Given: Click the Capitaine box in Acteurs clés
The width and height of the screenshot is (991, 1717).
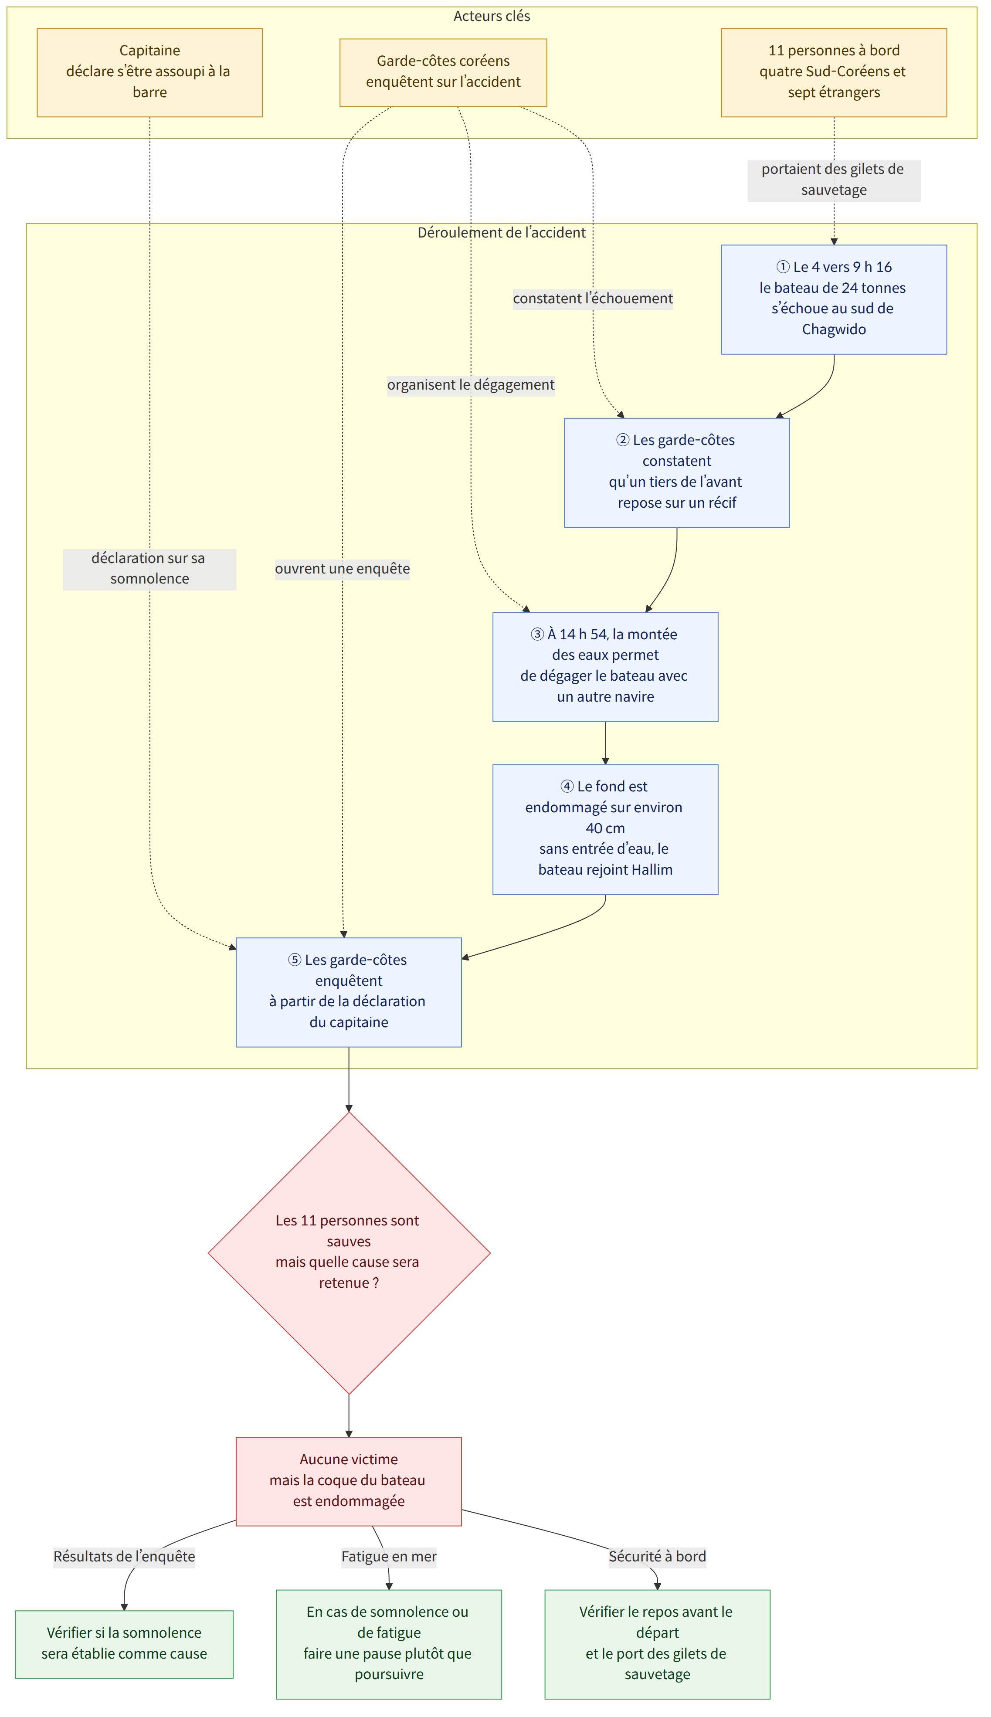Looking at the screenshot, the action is (150, 72).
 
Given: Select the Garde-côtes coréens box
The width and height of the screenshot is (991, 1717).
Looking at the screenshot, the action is (443, 72).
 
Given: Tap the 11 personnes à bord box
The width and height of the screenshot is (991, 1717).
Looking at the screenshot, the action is (834, 72).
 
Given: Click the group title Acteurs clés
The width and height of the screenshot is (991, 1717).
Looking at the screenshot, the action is (492, 16).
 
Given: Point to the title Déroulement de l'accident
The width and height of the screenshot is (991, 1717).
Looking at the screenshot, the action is (502, 233).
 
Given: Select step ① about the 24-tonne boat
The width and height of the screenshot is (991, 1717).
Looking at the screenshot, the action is (834, 299).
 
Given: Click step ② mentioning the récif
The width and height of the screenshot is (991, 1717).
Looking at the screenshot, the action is (676, 472).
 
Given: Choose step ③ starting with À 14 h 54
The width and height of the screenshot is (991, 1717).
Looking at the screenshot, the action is (605, 666).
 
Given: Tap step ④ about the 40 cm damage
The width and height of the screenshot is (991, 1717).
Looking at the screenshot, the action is (605, 829).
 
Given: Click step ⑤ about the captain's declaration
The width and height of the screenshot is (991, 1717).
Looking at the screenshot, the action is (349, 991).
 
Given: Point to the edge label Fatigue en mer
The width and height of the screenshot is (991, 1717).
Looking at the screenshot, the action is (389, 1556).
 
